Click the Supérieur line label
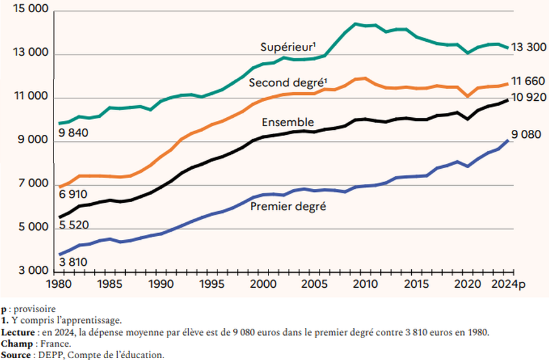point(288,47)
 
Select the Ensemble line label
point(288,123)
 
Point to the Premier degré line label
point(288,206)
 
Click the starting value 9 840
point(73,133)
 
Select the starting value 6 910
point(73,195)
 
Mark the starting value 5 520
point(73,225)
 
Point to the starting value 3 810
point(73,262)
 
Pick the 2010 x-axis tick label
point(363,284)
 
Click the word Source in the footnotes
point(16,355)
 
